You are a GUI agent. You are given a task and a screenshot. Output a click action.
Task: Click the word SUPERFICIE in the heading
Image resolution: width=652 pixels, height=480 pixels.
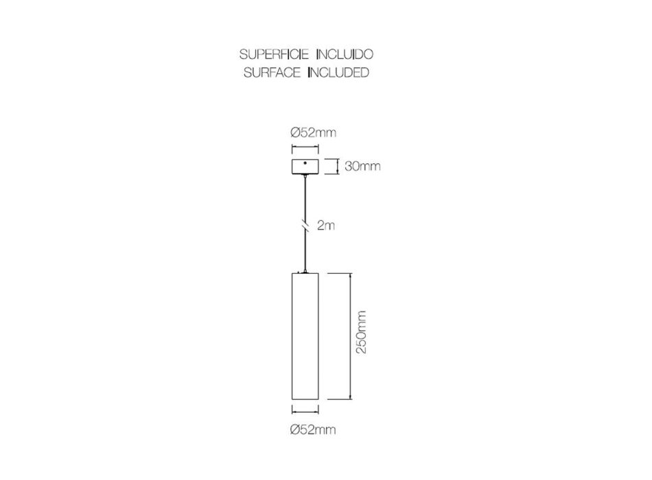[x=274, y=54]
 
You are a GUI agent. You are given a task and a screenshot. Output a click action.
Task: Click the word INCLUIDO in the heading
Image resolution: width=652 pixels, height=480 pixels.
[x=345, y=54]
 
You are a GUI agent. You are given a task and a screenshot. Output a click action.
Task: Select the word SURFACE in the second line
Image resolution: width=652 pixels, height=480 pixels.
[x=272, y=72]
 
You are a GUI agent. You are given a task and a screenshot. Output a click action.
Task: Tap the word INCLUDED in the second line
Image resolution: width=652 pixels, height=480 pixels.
[x=338, y=72]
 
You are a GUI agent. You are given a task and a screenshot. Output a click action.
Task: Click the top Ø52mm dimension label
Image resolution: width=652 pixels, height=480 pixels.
[x=313, y=132]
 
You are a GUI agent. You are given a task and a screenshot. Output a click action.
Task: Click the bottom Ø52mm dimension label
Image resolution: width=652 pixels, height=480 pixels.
[x=313, y=429]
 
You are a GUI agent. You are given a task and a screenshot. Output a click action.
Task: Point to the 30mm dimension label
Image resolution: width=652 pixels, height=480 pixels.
[x=362, y=166]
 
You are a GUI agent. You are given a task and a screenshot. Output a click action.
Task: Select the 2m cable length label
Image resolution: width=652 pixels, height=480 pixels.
[x=325, y=225]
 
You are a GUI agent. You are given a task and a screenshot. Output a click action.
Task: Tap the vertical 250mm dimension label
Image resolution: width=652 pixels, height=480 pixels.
[x=361, y=332]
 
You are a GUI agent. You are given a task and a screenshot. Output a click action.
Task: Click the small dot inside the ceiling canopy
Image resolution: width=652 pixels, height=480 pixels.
[x=305, y=163]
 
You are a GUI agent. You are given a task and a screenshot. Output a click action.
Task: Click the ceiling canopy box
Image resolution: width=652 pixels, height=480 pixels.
[x=305, y=167]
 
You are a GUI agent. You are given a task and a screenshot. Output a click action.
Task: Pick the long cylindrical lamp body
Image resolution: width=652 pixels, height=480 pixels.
[x=305, y=336]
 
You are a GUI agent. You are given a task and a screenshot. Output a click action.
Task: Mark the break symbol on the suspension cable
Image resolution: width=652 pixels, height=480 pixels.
[x=305, y=225]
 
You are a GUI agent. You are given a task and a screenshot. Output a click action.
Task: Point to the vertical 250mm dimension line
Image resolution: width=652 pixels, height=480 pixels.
[x=351, y=336]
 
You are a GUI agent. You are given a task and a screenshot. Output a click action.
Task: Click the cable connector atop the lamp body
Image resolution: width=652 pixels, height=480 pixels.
[x=305, y=272]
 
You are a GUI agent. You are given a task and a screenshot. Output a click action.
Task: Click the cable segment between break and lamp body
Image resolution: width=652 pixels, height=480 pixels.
[x=305, y=250]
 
